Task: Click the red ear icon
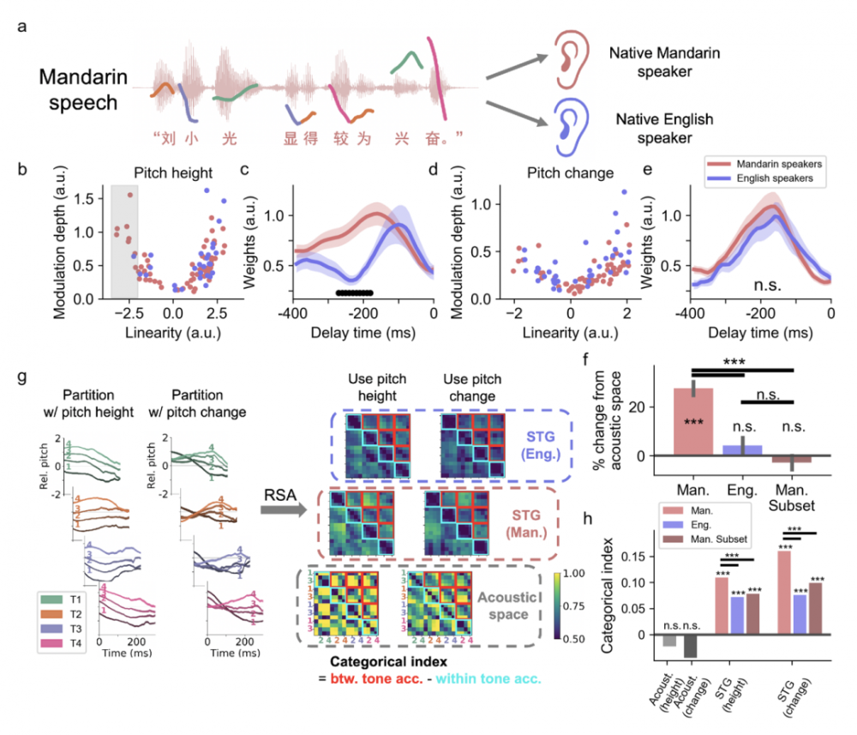[568, 59]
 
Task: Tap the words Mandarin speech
[82, 91]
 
